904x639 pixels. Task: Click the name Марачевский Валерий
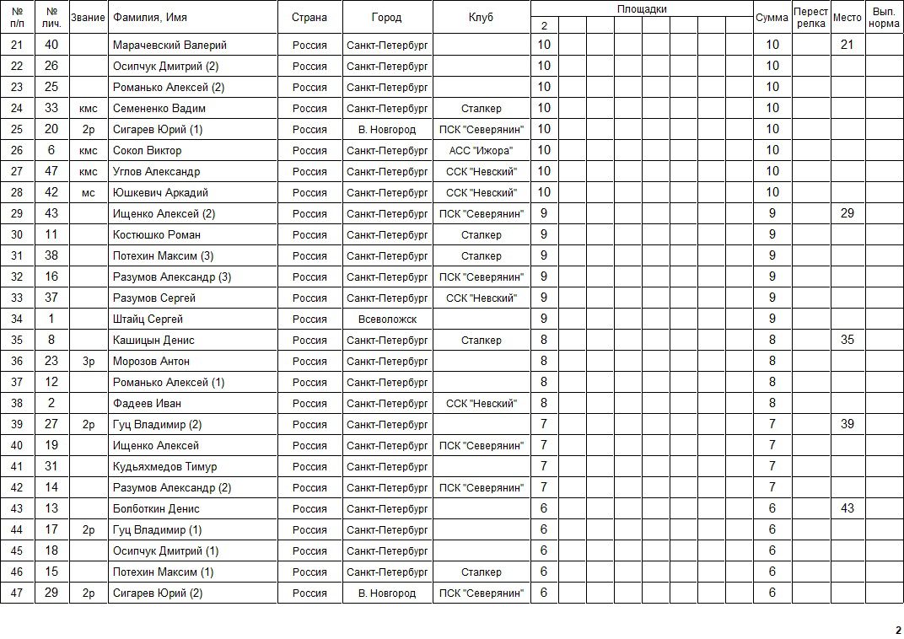[x=169, y=45]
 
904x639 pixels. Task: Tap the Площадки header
[x=642, y=9]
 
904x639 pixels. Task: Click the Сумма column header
[x=772, y=18]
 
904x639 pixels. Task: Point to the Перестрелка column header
[x=810, y=18]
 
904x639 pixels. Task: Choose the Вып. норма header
[x=884, y=18]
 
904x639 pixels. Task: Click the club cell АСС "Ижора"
[x=482, y=150]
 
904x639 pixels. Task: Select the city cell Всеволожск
[x=387, y=319]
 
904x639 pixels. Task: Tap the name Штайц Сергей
[x=148, y=319]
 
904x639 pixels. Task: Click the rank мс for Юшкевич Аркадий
[x=89, y=192]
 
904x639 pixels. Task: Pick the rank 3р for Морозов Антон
[x=89, y=361]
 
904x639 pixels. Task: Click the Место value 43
[x=847, y=508]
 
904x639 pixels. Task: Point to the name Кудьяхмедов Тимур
[x=164, y=466]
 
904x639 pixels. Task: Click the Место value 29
[x=847, y=213]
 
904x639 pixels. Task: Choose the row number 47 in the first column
[x=17, y=593]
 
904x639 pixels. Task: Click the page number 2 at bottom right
[x=898, y=630]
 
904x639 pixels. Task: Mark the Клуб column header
[x=482, y=18]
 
